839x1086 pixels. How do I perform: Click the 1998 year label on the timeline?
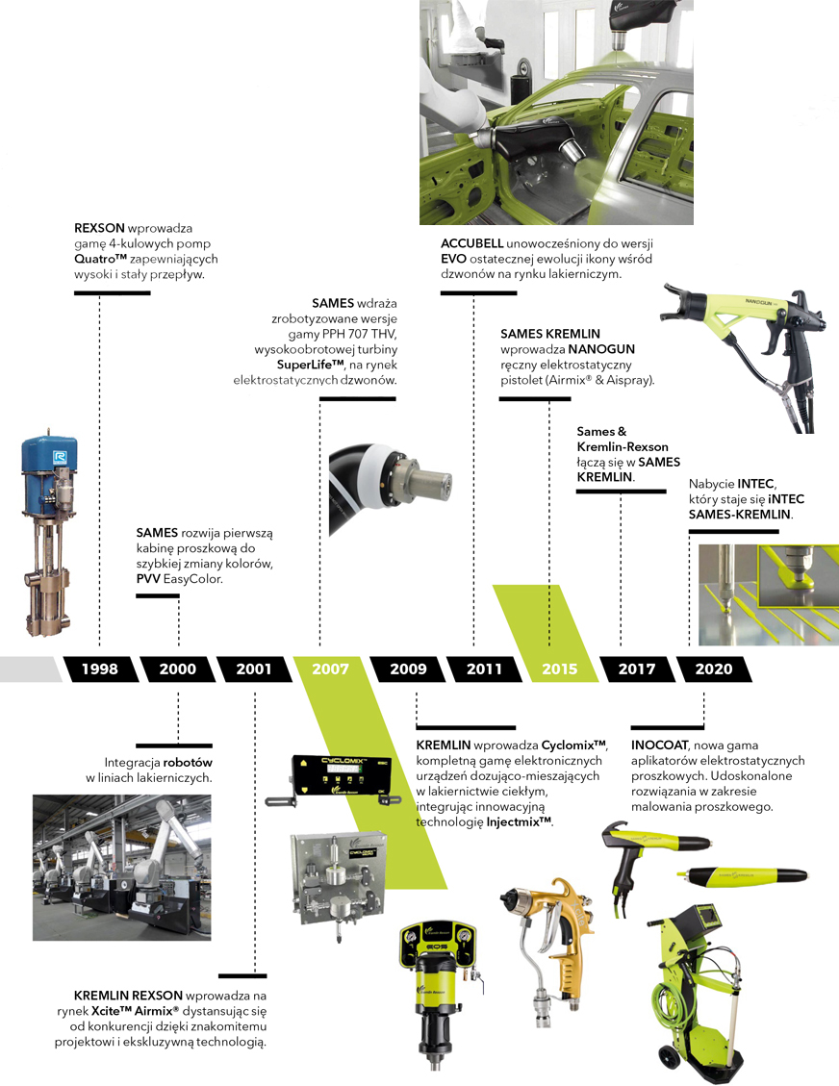tap(100, 669)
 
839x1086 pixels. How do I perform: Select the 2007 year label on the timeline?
tap(330, 669)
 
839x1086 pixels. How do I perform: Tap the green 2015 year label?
tap(560, 669)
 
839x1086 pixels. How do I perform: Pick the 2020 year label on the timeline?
tap(714, 669)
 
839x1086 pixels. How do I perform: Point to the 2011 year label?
tap(484, 669)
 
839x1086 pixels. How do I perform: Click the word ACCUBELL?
tap(471, 243)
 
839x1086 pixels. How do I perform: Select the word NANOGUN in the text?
tap(601, 349)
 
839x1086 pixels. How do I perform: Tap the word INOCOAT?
tap(660, 745)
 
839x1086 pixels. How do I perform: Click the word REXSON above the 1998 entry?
tap(100, 228)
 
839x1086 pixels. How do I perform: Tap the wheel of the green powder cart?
tap(669, 1057)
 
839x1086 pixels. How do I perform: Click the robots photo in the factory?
tap(122, 867)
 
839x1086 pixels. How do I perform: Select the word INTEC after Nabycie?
tap(756, 484)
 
